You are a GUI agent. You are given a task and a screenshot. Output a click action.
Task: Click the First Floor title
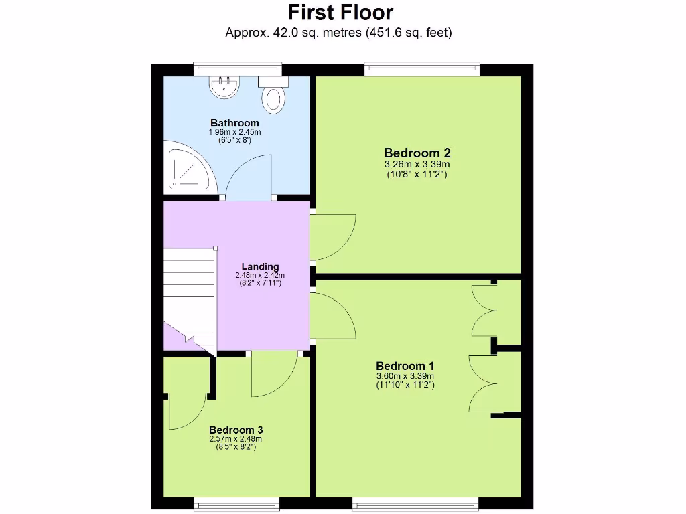coord(340,12)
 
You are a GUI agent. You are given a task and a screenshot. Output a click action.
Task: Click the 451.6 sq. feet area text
coord(409,32)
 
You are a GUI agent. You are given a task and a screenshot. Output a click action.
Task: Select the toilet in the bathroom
coord(274,97)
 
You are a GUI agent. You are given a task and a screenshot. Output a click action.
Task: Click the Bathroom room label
coord(234,123)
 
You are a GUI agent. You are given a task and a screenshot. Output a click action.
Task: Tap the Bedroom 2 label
coord(416,153)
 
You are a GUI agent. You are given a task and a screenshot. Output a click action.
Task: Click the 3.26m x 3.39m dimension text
coord(416,165)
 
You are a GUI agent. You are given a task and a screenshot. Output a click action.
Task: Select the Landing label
coord(260,266)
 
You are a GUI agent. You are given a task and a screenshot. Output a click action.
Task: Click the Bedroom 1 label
coord(405,366)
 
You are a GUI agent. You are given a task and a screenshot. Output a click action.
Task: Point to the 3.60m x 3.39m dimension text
coord(405,376)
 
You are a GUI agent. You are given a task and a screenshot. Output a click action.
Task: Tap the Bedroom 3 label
coord(236,430)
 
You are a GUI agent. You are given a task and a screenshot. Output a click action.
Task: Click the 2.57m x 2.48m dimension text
coord(236,439)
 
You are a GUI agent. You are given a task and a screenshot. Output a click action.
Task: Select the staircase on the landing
coord(189,294)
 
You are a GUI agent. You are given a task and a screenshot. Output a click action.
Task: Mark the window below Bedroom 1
coord(415,501)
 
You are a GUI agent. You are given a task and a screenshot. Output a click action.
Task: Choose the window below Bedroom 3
coord(236,501)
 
